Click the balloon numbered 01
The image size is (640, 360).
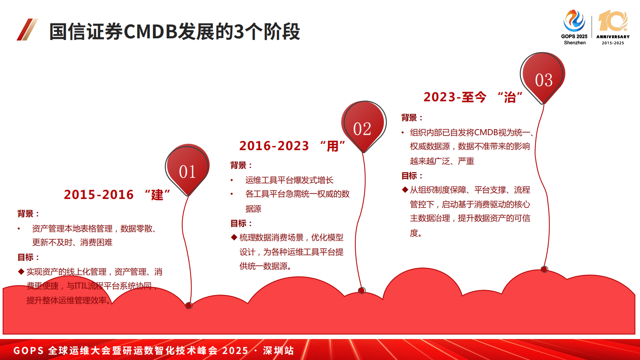click(x=187, y=168)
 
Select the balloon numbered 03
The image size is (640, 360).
click(x=542, y=76)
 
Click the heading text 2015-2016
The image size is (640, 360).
click(x=98, y=195)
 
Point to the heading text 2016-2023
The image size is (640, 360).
click(x=274, y=146)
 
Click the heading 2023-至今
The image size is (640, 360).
click(x=454, y=97)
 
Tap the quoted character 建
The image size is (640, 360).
click(x=157, y=195)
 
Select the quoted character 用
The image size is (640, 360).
click(x=333, y=146)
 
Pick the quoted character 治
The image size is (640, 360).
click(x=510, y=97)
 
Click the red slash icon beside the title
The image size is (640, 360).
click(x=27, y=29)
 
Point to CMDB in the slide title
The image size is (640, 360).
click(x=150, y=31)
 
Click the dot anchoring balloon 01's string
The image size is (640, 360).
click(x=189, y=306)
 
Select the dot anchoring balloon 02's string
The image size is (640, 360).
click(x=362, y=291)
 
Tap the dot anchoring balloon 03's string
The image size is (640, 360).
click(x=544, y=269)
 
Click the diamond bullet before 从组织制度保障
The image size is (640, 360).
click(x=405, y=190)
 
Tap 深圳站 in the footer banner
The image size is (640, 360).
click(x=278, y=350)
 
